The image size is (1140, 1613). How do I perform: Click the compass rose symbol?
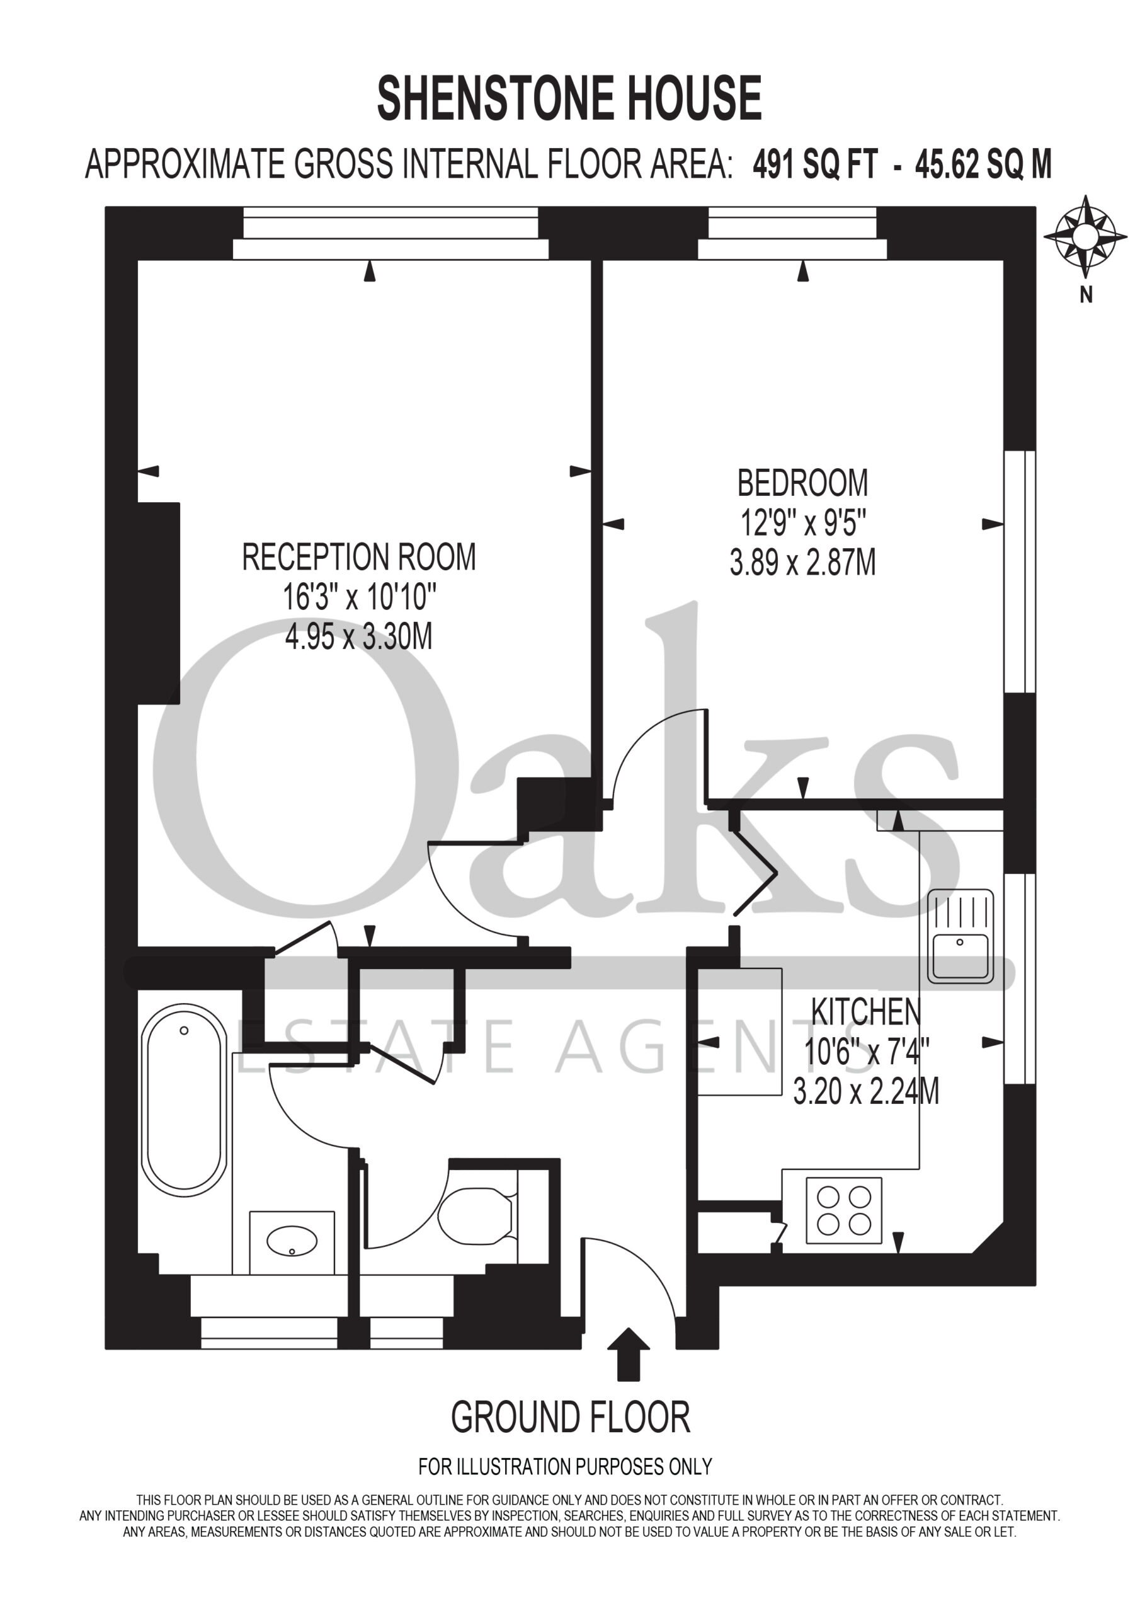click(x=1086, y=236)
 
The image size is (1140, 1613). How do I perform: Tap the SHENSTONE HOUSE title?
click(x=569, y=98)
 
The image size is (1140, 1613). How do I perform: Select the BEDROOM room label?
click(x=802, y=483)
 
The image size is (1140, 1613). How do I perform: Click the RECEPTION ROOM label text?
click(x=359, y=557)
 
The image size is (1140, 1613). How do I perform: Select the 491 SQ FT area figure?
click(x=815, y=165)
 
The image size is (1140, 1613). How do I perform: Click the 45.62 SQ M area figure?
click(x=983, y=165)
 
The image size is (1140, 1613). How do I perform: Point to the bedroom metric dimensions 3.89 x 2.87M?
click(x=802, y=563)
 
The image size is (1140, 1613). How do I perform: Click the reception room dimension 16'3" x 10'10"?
click(x=359, y=598)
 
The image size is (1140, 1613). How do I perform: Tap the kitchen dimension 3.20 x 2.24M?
click(x=865, y=1092)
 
